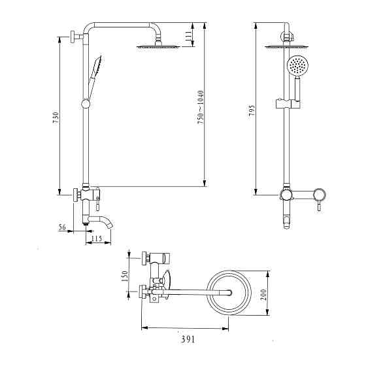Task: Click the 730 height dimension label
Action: [56, 118]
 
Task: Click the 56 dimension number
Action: [63, 227]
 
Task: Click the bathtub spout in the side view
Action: [104, 221]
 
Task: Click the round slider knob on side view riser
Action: [84, 103]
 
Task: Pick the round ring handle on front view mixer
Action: [320, 193]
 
